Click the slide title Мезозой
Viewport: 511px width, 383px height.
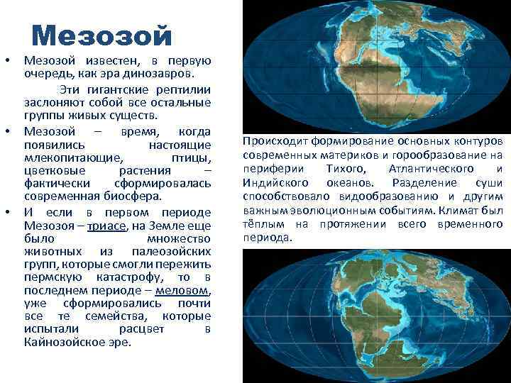102,35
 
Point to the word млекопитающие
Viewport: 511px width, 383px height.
72,157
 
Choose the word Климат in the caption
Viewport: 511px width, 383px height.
464,211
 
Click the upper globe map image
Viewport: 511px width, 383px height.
375,65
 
